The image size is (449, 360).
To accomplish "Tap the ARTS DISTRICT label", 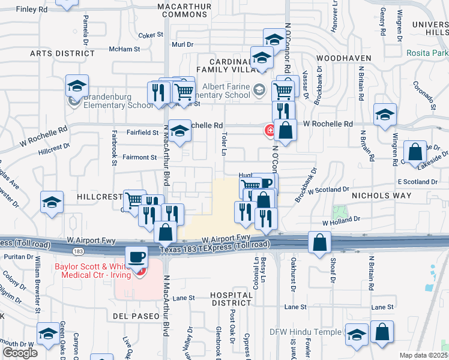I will [x=62, y=53].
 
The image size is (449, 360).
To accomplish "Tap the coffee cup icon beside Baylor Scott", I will [x=137, y=257].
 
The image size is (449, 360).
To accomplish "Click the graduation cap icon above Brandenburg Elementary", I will [x=77, y=86].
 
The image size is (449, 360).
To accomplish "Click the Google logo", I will [x=20, y=353].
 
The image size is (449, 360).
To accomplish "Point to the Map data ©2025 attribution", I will [x=424, y=355].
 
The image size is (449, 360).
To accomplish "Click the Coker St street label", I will [x=151, y=35].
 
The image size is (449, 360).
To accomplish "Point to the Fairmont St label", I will [x=140, y=157].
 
